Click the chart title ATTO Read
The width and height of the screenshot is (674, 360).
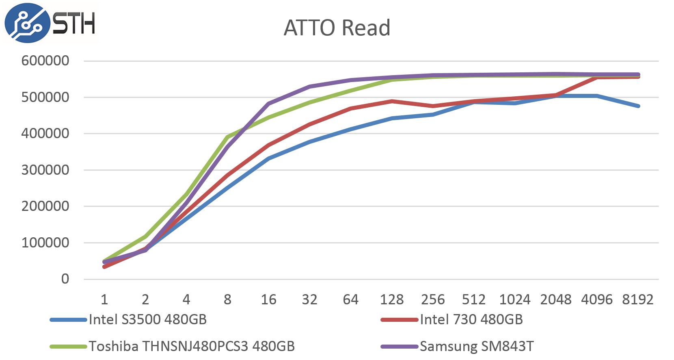click(337, 28)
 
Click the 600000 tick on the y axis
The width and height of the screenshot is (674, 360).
click(45, 61)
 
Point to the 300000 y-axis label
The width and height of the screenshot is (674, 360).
click(45, 170)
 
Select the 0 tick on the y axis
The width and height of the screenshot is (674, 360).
click(65, 279)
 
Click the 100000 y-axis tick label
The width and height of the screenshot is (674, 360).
click(45, 243)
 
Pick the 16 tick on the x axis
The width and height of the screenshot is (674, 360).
click(268, 300)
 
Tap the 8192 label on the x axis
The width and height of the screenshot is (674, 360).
click(637, 300)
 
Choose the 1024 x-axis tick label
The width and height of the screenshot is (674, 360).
click(514, 300)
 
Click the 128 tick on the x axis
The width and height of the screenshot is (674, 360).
click(391, 300)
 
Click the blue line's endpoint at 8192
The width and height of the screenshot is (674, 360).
click(638, 106)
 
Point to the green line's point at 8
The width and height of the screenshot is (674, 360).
click(227, 137)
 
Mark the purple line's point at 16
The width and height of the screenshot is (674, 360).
click(268, 104)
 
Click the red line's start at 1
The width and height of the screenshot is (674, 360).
click(104, 267)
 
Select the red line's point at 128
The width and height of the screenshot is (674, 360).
click(392, 101)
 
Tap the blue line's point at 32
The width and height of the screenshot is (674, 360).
click(309, 142)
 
